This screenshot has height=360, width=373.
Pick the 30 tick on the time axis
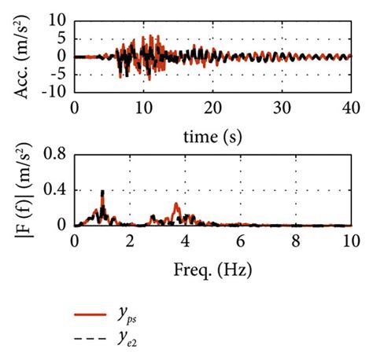click(x=281, y=105)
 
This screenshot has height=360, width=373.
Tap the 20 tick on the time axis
click(x=212, y=105)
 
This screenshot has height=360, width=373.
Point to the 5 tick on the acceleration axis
click(x=61, y=39)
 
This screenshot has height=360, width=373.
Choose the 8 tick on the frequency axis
click(x=295, y=240)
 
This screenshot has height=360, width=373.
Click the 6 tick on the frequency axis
click(x=240, y=240)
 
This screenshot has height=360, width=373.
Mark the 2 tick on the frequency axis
click(x=130, y=240)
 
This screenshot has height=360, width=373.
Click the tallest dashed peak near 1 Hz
click(x=102, y=192)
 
